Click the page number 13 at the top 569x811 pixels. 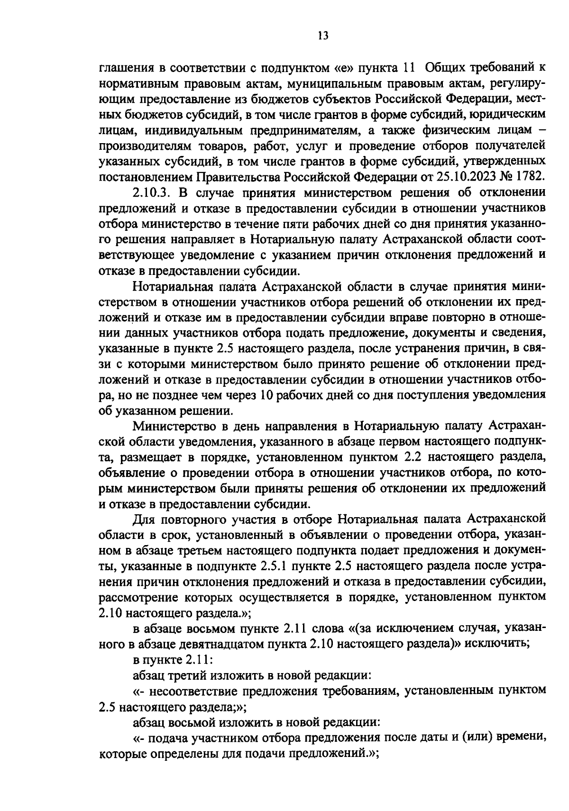click(x=323, y=36)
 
